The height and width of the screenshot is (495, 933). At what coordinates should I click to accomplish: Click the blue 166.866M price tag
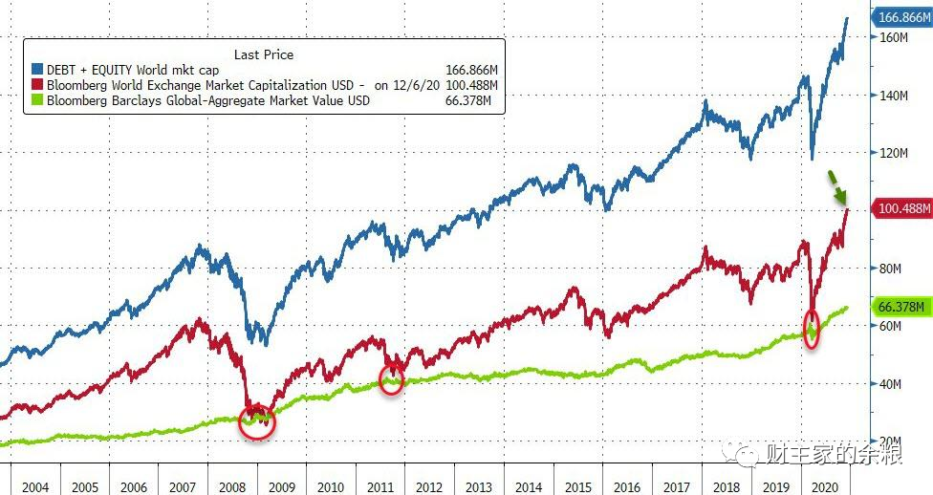click(902, 17)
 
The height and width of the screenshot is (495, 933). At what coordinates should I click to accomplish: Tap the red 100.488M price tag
click(902, 208)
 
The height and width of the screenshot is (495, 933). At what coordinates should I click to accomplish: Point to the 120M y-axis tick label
click(894, 153)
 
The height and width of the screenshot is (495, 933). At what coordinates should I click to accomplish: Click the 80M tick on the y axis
click(890, 269)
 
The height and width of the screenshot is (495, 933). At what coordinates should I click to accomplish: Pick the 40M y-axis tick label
click(890, 384)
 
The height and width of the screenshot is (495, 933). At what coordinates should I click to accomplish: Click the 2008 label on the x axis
click(232, 487)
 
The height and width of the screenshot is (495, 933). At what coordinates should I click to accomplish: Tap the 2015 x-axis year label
click(578, 487)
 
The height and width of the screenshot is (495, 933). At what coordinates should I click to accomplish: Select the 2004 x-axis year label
click(35, 487)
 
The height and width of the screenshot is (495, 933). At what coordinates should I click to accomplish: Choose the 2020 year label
click(825, 487)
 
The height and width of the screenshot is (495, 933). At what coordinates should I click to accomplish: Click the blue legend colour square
click(37, 70)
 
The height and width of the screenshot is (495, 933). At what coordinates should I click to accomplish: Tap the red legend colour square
click(37, 85)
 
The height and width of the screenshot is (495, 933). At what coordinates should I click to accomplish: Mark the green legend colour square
click(37, 100)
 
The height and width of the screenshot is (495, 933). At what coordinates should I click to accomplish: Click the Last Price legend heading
click(264, 54)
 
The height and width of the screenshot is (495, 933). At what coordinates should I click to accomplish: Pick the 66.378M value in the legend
click(468, 100)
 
